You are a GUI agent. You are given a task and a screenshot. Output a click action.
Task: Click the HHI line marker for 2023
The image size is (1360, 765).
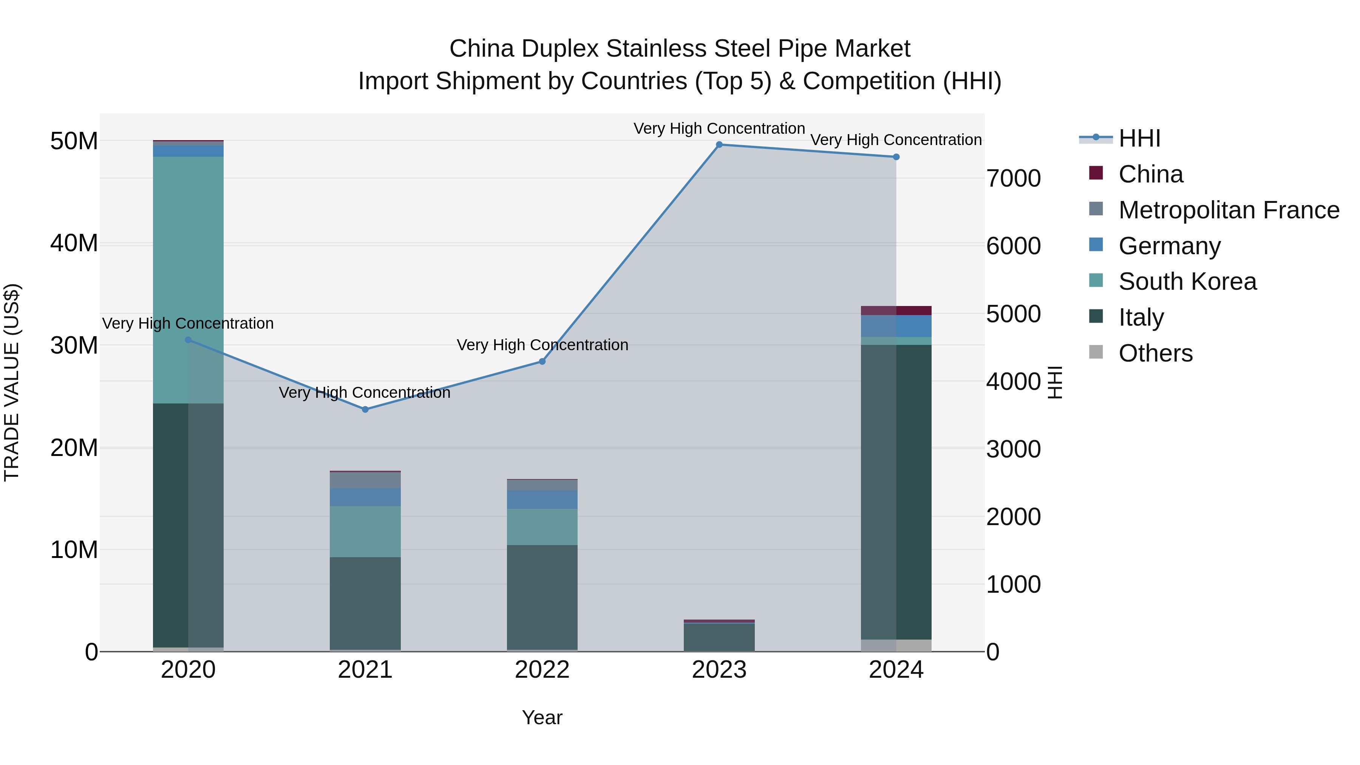719,145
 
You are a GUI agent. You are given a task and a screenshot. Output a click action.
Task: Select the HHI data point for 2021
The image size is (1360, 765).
365,409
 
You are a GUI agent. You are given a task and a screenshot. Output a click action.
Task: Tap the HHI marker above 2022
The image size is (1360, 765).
542,362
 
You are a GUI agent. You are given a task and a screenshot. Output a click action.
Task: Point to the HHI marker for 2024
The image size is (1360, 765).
896,157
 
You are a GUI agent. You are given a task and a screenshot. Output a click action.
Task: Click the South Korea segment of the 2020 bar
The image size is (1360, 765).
189,280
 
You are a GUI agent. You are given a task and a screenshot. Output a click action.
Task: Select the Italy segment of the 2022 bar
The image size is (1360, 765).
542,597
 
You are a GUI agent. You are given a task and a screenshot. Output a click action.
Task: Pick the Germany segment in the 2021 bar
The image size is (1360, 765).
365,497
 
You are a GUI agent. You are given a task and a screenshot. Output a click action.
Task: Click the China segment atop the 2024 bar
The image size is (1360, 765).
896,311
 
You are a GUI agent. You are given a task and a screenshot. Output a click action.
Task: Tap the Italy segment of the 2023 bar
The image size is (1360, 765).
719,637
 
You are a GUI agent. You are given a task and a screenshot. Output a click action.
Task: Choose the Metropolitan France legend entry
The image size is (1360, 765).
1229,210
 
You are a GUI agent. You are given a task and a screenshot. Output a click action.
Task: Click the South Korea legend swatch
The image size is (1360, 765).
1096,280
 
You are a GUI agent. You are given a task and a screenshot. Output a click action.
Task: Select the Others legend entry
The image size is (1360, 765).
1155,353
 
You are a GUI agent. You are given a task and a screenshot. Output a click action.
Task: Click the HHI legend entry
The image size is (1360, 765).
1139,138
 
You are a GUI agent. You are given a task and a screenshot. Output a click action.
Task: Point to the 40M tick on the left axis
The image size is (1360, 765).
74,243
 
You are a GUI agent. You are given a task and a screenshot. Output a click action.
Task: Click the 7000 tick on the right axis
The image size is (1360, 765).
1014,178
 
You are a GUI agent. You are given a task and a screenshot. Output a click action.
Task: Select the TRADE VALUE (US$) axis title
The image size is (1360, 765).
12,382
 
